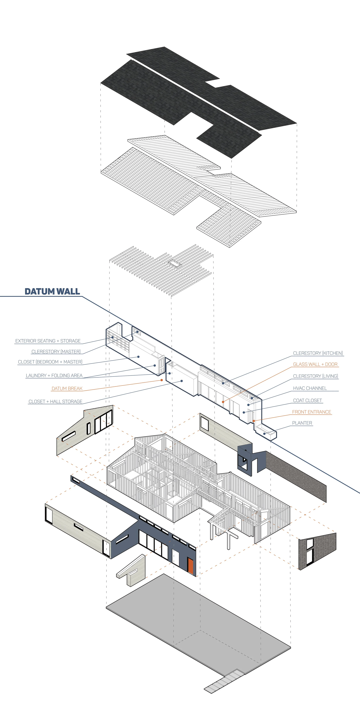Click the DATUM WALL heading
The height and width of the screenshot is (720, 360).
tap(52, 291)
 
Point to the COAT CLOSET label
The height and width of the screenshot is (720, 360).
tap(307, 400)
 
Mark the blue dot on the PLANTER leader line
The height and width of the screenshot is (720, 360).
tap(264, 433)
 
